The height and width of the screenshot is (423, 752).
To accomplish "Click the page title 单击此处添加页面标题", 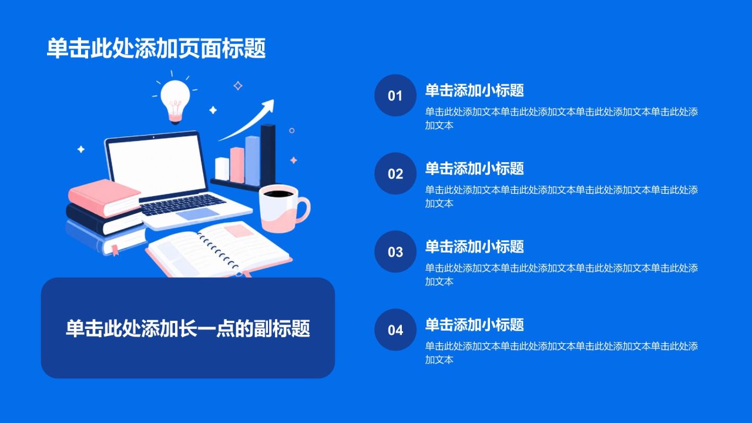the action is pyautogui.click(x=156, y=48).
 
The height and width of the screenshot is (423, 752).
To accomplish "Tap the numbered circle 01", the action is pyautogui.click(x=395, y=95).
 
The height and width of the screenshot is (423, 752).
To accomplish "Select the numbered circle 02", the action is pyautogui.click(x=395, y=173).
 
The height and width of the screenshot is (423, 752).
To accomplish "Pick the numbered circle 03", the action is pyautogui.click(x=395, y=251).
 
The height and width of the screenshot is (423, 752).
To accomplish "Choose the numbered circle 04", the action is pyautogui.click(x=395, y=330).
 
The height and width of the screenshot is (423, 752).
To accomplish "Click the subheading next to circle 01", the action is pyautogui.click(x=474, y=90).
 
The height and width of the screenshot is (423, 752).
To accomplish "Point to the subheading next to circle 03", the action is pyautogui.click(x=474, y=246).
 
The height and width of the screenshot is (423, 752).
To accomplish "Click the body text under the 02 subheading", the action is pyautogui.click(x=561, y=196).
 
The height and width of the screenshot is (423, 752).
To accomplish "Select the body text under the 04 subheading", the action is pyautogui.click(x=561, y=352).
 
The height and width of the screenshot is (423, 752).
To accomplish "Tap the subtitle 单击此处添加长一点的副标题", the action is pyautogui.click(x=187, y=328).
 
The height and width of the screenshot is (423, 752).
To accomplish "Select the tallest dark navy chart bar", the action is pyautogui.click(x=268, y=155).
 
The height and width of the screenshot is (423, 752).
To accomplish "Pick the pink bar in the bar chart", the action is pyautogui.click(x=237, y=165).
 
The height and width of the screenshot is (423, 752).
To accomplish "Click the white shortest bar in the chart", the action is pyautogui.click(x=222, y=169).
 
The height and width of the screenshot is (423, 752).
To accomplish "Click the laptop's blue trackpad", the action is pyautogui.click(x=198, y=214).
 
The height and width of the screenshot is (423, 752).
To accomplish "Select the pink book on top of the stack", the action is pyautogui.click(x=105, y=197).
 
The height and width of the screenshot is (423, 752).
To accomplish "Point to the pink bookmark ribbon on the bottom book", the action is pyautogui.click(x=115, y=250).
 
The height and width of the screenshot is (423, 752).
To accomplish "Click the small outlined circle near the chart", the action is pyautogui.click(x=292, y=130).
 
